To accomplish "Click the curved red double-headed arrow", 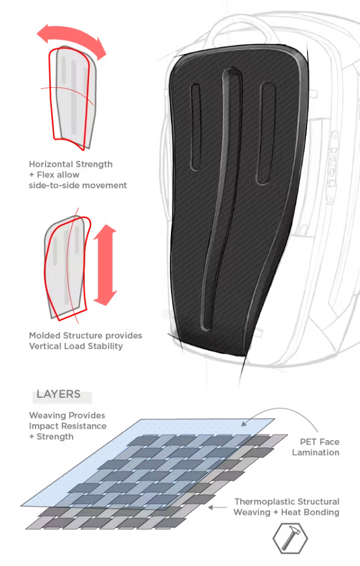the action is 72,34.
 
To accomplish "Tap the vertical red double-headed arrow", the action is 105,265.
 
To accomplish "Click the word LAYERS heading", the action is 58,394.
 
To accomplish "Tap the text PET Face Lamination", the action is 316,447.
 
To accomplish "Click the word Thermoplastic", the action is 265,502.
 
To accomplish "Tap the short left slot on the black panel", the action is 195,127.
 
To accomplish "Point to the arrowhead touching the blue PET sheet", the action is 245,424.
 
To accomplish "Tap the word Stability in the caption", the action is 106,347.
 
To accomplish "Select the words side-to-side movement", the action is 78,185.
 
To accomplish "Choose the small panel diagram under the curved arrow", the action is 72,97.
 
